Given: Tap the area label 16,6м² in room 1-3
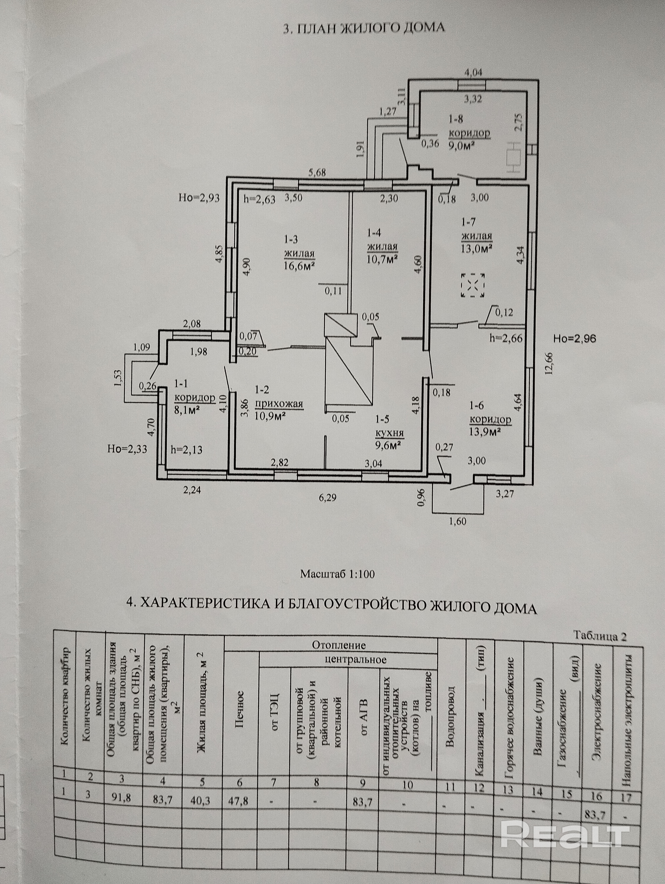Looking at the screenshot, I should click(x=299, y=266).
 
